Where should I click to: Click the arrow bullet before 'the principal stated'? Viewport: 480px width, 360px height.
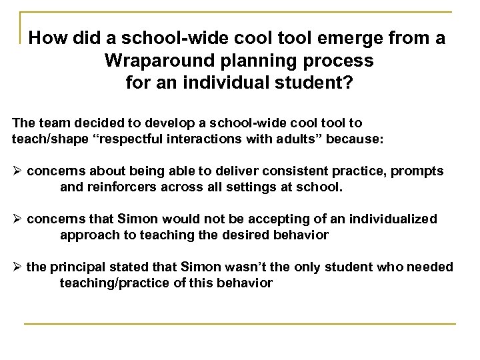tap(18, 267)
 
